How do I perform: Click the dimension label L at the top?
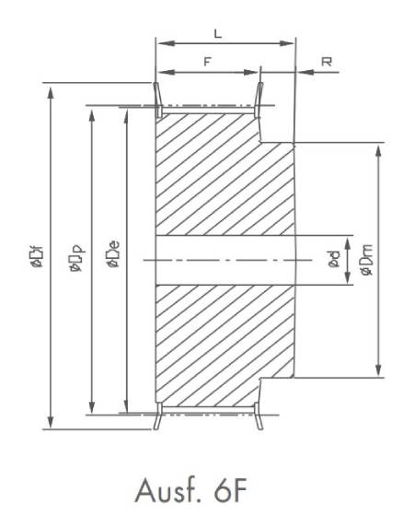[217, 32]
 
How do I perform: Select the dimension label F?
[207, 61]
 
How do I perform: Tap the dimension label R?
[327, 61]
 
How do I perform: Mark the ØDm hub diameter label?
[365, 261]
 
